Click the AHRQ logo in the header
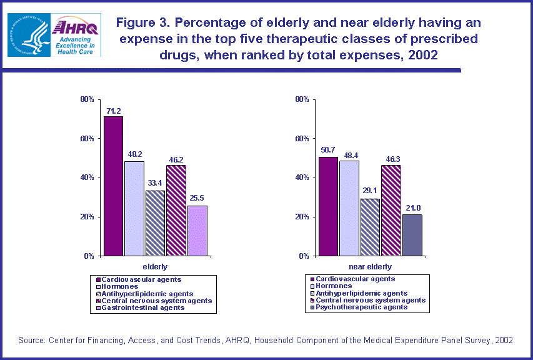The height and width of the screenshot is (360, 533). pyautogui.click(x=76, y=35)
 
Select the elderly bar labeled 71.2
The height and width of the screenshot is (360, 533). pyautogui.click(x=113, y=186)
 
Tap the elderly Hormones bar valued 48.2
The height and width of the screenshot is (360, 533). pyautogui.click(x=134, y=208)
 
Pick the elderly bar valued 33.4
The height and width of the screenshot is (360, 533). pyautogui.click(x=155, y=223)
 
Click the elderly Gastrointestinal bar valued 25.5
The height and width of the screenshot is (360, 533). pyautogui.click(x=197, y=231)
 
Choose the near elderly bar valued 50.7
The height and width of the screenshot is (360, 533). pyautogui.click(x=328, y=206)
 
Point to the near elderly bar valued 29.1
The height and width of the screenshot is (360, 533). pyautogui.click(x=370, y=227)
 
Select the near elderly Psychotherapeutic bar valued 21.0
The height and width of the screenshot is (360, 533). pyautogui.click(x=412, y=235)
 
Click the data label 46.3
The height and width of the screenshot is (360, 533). pyautogui.click(x=391, y=160)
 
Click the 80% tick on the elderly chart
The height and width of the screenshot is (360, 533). pyautogui.click(x=87, y=99)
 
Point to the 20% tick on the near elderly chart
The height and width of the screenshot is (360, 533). pyautogui.click(x=302, y=217)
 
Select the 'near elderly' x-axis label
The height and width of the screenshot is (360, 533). pyautogui.click(x=371, y=266)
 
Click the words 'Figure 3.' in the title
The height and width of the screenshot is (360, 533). pyautogui.click(x=143, y=23)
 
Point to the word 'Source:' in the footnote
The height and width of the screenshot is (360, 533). pyautogui.click(x=32, y=340)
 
